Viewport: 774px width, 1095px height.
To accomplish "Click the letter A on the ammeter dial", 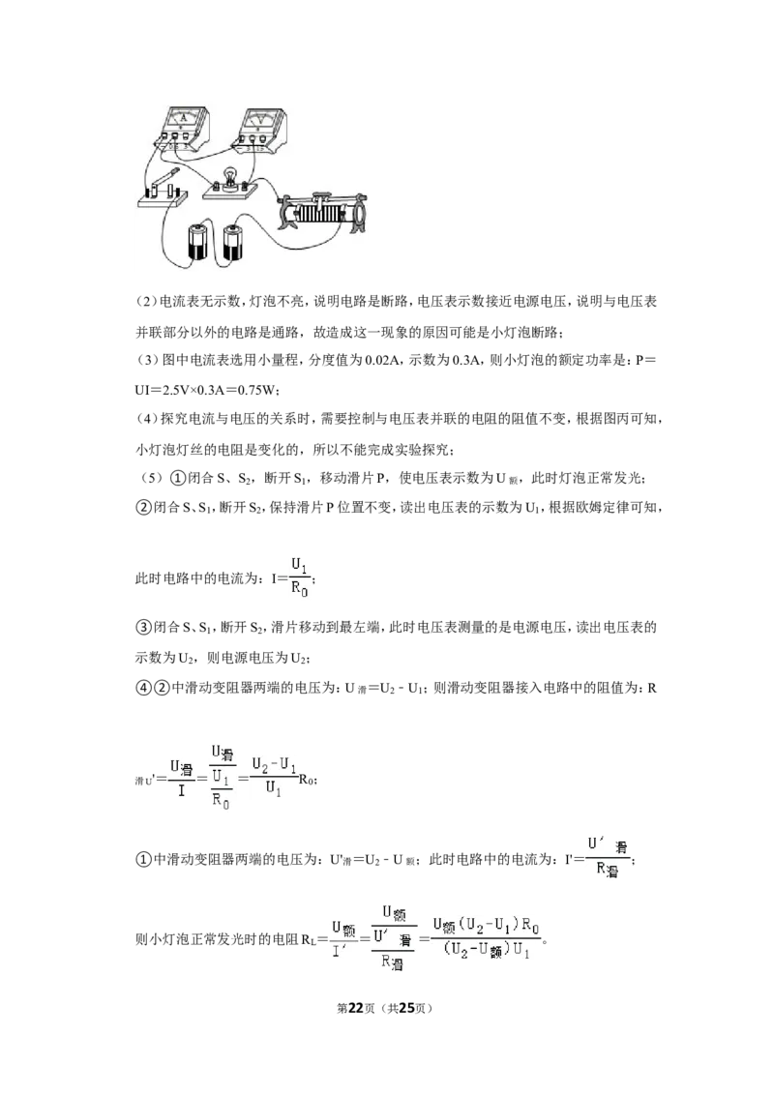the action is click(184, 119).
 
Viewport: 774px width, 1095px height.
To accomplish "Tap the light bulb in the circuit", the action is click(230, 177).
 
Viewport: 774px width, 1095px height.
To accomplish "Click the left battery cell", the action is click(197, 243).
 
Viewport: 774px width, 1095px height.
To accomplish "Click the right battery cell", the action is click(232, 243).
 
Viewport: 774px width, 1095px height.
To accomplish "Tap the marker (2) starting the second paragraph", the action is click(147, 302).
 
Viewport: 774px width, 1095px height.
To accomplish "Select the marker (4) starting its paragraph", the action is click(147, 419).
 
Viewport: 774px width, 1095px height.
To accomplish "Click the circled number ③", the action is click(143, 627).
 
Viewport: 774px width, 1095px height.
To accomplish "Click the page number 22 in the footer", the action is click(356, 1008).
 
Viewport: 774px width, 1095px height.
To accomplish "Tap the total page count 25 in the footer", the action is click(406, 1008).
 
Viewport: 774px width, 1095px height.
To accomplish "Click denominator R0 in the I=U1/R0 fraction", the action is click(300, 589).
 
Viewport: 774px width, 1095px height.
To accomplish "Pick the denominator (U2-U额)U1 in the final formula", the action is click(487, 950).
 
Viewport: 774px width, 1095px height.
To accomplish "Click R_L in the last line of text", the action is click(309, 940).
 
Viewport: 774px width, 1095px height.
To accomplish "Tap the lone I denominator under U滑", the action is click(182, 790).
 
